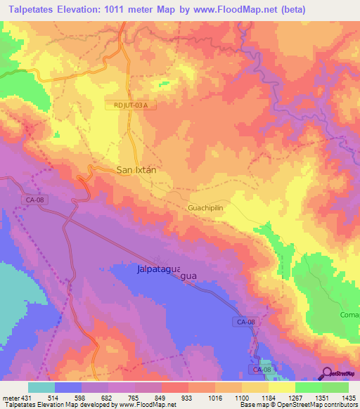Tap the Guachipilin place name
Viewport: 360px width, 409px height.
coord(210,209)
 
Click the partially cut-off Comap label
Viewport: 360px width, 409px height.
coord(349,315)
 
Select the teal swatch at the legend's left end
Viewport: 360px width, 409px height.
coord(41,387)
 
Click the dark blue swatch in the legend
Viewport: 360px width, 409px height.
coord(67,387)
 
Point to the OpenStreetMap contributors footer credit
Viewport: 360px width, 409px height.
coord(316,405)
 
